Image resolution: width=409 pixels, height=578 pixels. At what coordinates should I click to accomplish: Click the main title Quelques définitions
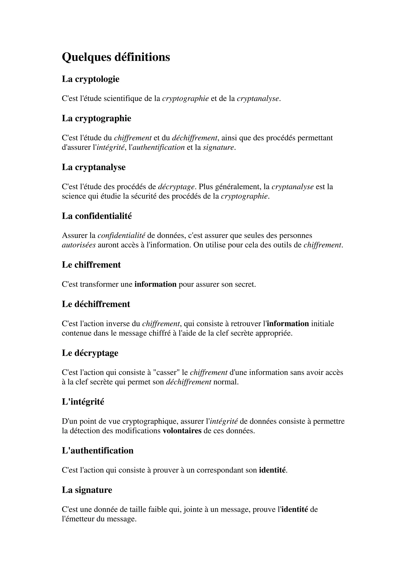coord(116,57)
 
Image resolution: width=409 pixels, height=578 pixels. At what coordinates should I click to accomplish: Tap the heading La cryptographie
coord(96,118)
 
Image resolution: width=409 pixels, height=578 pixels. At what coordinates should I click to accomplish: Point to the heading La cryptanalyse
coord(93,167)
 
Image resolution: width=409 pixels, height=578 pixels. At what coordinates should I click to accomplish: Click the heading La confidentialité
coord(97,216)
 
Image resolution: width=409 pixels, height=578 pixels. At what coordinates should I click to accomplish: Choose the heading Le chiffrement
coord(91,265)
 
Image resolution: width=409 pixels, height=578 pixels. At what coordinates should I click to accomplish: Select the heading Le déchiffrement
coord(96,304)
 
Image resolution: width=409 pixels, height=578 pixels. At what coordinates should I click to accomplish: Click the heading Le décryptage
coord(90,353)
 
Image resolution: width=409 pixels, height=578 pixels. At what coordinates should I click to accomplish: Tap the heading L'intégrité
coord(83,402)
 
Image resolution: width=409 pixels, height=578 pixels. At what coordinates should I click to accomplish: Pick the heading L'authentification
coord(97,451)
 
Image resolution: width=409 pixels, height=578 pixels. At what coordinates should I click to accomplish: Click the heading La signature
coord(87,490)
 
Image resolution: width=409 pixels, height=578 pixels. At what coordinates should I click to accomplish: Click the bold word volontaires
coord(182,431)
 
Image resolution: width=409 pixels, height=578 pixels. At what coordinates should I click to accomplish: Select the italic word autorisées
coord(79,245)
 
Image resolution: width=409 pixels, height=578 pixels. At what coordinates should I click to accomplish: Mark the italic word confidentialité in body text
coord(121,235)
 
